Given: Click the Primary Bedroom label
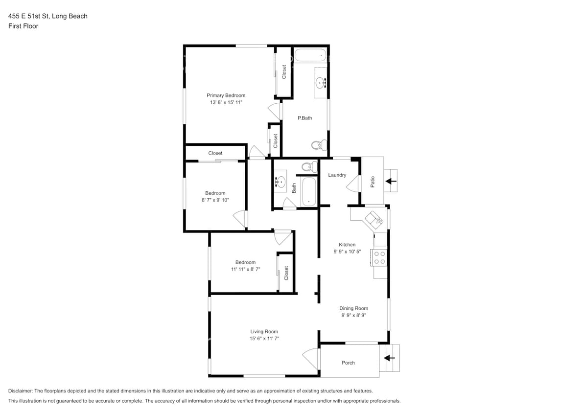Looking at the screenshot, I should click(226, 95).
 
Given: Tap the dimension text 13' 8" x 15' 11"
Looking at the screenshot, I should click(226, 103).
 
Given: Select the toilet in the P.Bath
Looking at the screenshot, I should click(318, 145).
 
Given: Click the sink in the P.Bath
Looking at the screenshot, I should click(322, 83).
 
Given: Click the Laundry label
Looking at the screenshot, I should click(337, 175).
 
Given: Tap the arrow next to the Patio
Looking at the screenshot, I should click(390, 181).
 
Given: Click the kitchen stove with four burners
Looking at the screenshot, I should click(379, 257).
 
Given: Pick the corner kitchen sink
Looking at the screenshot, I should click(375, 218).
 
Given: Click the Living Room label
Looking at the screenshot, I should click(264, 332).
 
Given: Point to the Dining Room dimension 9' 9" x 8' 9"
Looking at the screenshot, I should click(353, 316).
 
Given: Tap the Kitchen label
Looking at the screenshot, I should click(347, 245).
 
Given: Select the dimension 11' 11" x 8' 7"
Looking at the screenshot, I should click(245, 269).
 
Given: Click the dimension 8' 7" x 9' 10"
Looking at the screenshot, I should click(215, 200).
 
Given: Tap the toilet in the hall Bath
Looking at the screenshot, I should click(307, 167).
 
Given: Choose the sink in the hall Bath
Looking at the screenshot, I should click(280, 182).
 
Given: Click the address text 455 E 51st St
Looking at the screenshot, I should click(47, 16).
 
